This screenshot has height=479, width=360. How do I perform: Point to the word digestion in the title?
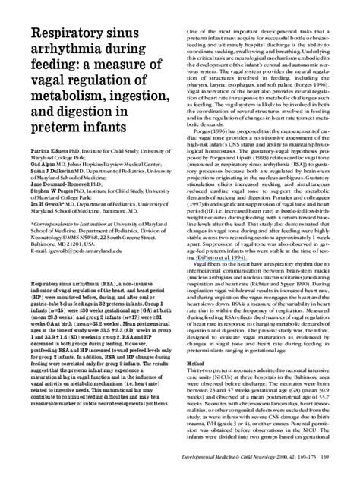point(96,130)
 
